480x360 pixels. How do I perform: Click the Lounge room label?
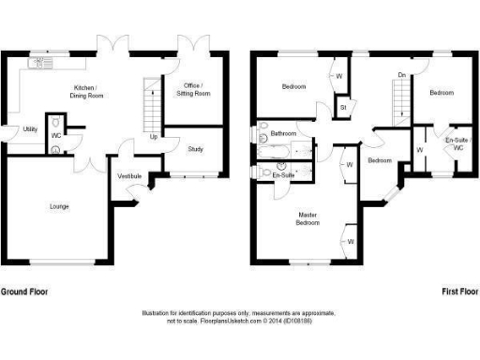point(58,206)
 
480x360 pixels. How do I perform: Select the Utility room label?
point(30,129)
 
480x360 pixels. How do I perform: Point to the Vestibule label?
point(129,176)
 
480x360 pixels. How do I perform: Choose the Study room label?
point(195,149)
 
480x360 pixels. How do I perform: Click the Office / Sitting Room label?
point(194,90)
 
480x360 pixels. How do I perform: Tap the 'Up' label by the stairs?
point(154,137)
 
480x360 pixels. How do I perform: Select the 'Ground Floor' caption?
point(23,292)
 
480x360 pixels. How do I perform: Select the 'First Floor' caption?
point(460,292)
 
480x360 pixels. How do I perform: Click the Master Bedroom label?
point(307,218)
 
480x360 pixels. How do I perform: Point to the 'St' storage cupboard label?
point(343,108)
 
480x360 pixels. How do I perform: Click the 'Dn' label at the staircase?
point(401,74)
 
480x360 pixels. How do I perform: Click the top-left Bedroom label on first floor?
point(294,87)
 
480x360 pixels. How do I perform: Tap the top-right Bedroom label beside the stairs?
point(442,93)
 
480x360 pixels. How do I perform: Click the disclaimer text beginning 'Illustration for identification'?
point(240,316)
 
